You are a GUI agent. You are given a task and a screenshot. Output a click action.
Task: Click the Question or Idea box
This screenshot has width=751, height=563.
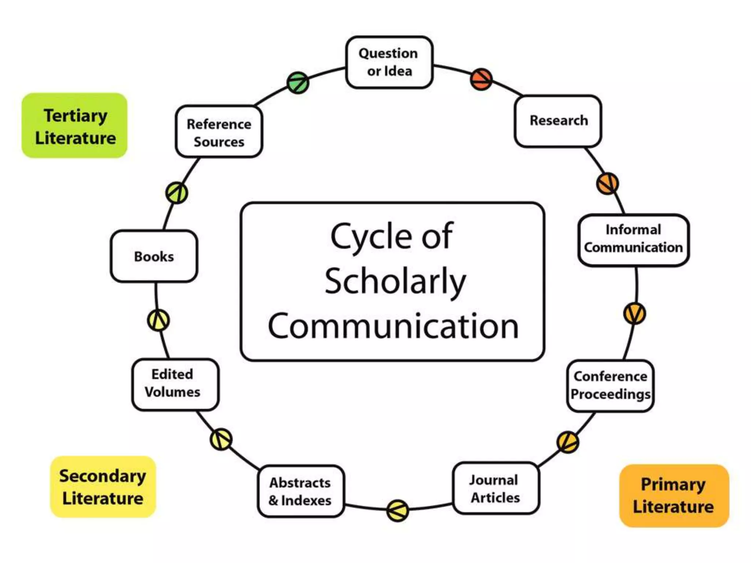[389, 62]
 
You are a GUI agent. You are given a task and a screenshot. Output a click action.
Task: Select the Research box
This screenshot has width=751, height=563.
[558, 121]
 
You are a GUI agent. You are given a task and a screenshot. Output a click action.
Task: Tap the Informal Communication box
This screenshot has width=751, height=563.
[633, 239]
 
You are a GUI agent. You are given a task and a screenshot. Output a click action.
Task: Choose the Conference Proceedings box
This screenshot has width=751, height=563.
[610, 386]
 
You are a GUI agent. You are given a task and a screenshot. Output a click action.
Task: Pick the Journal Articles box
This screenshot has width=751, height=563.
[495, 488]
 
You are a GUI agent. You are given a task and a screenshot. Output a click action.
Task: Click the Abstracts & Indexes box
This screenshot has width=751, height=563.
[300, 491]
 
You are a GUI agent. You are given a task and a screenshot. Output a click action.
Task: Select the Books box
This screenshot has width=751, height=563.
[154, 256]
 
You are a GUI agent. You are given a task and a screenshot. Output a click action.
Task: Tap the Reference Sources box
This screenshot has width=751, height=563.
[219, 132]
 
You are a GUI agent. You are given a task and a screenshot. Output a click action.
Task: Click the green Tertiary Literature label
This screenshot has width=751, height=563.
[74, 126]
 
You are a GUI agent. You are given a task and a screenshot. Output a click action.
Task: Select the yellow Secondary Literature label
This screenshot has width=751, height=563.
[103, 487]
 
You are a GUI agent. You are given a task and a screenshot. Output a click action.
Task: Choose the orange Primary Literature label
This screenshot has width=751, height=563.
[674, 496]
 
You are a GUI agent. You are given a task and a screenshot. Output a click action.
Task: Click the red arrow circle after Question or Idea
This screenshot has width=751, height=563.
[481, 79]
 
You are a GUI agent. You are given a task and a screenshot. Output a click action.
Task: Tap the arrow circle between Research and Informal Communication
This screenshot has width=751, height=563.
[607, 183]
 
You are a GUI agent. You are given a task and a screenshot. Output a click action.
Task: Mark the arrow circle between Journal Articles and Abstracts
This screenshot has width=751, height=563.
[398, 510]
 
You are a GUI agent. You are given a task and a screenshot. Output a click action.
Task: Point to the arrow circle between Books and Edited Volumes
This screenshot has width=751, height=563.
[158, 320]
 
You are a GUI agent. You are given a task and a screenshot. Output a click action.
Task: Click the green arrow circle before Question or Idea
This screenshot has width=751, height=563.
[298, 82]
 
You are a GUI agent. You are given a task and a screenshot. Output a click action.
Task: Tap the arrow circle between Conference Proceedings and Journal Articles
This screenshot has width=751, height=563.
[568, 442]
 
